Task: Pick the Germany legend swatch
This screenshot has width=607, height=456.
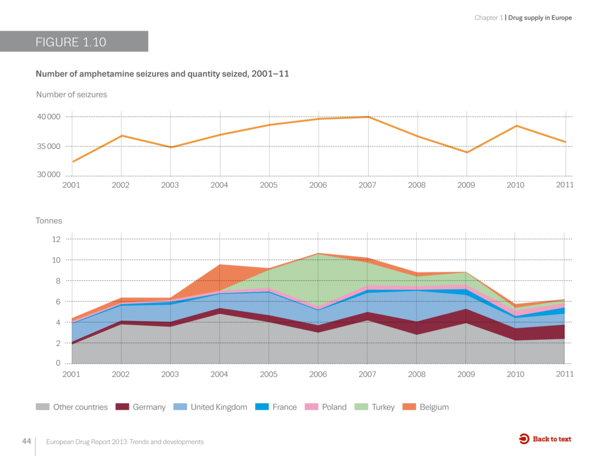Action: [x=122, y=407]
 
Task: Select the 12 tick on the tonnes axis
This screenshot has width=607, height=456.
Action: [x=56, y=239]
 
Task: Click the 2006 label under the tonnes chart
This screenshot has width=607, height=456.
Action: [x=318, y=374]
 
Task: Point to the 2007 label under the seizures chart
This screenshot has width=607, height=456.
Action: [x=368, y=185]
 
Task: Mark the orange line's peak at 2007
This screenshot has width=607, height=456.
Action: [x=368, y=117]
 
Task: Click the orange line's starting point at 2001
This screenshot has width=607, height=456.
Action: [x=72, y=161]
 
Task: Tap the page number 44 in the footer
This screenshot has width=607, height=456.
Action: [x=26, y=441]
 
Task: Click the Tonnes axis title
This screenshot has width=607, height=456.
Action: [x=49, y=221]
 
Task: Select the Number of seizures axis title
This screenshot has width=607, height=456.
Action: [x=71, y=94]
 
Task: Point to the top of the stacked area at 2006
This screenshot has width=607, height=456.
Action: [x=318, y=254]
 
